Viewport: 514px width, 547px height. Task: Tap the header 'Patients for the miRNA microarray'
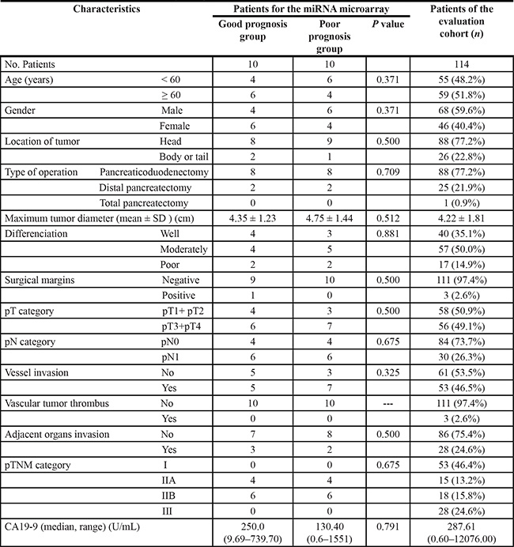pyautogui.click(x=310, y=9)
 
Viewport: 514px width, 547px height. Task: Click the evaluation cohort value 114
pyautogui.click(x=462, y=62)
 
